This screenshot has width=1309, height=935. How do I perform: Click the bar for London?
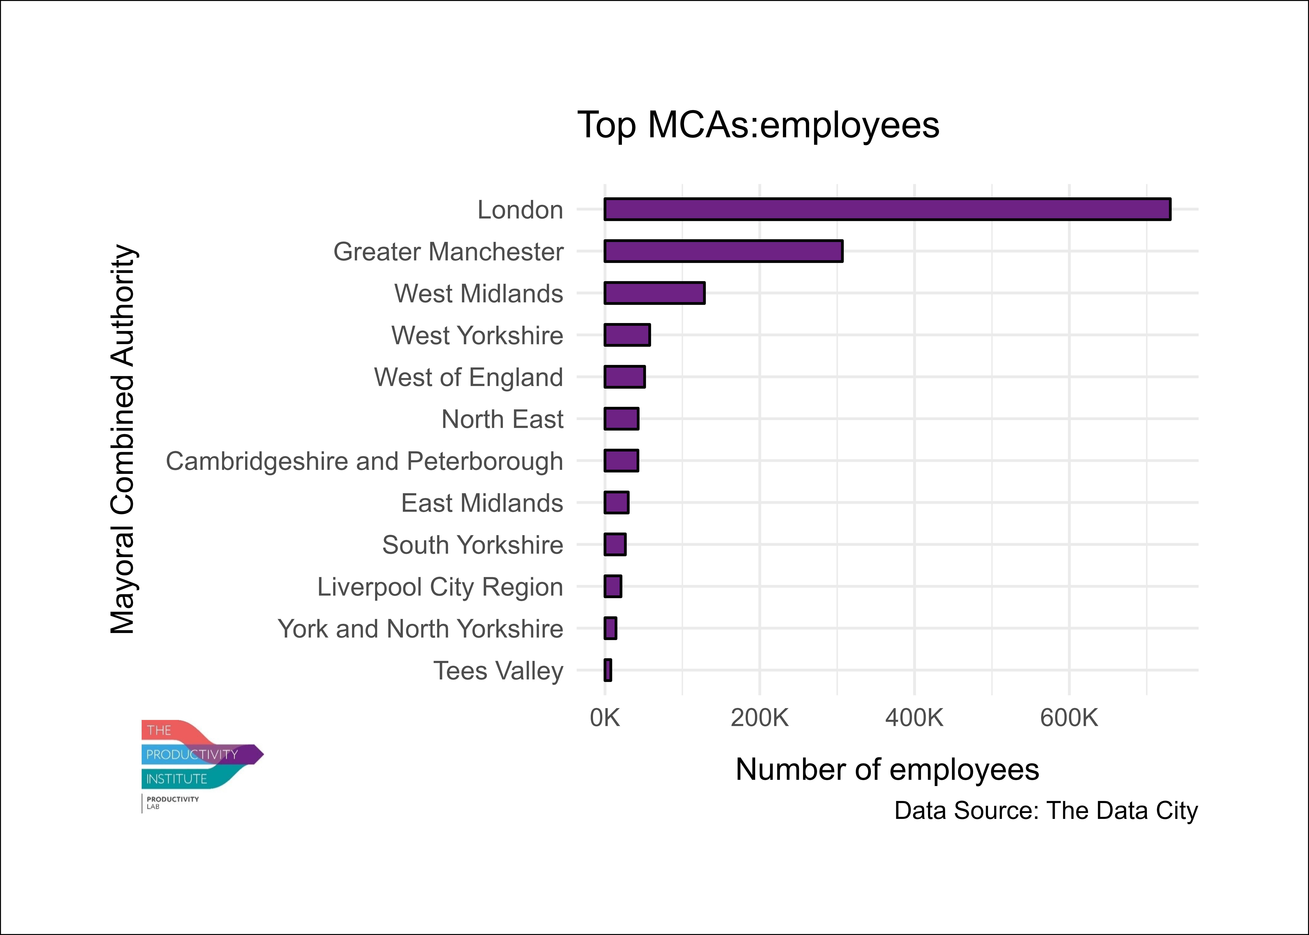tap(887, 209)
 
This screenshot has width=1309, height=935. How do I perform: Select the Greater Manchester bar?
tap(724, 251)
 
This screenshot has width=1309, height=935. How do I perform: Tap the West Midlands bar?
tap(654, 293)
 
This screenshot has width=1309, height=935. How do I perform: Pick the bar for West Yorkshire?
tap(627, 335)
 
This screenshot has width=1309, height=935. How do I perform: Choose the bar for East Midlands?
tap(616, 503)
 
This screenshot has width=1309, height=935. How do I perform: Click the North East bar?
tap(621, 419)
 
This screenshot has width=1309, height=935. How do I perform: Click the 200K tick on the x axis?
tap(759, 718)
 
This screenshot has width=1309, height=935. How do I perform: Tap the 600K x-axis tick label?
tap(1069, 718)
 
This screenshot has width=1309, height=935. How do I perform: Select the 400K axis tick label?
tap(914, 718)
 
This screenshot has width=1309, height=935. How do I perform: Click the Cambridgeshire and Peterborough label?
tap(364, 461)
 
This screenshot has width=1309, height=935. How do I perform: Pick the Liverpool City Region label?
tap(440, 587)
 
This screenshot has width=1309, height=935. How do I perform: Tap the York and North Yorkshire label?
tap(420, 629)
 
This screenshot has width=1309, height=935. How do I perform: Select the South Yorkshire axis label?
tap(473, 545)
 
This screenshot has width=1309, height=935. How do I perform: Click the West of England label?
tap(469, 377)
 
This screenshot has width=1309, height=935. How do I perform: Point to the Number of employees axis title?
tap(887, 769)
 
